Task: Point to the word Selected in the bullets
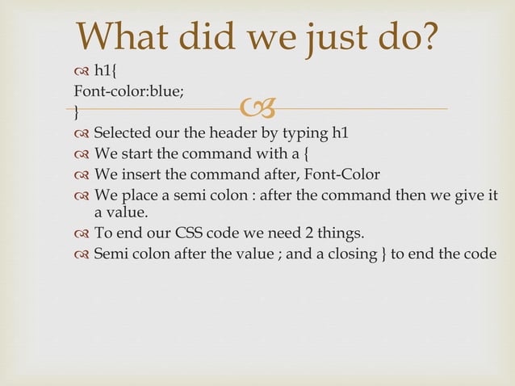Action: pos(124,132)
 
